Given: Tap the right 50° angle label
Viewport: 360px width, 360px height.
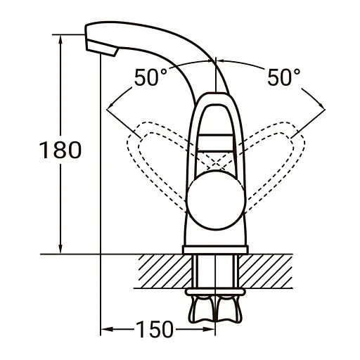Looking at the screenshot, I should [283, 77].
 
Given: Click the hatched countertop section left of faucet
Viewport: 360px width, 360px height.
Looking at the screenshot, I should [162, 270].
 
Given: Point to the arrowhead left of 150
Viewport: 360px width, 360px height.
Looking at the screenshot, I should [106, 328].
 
